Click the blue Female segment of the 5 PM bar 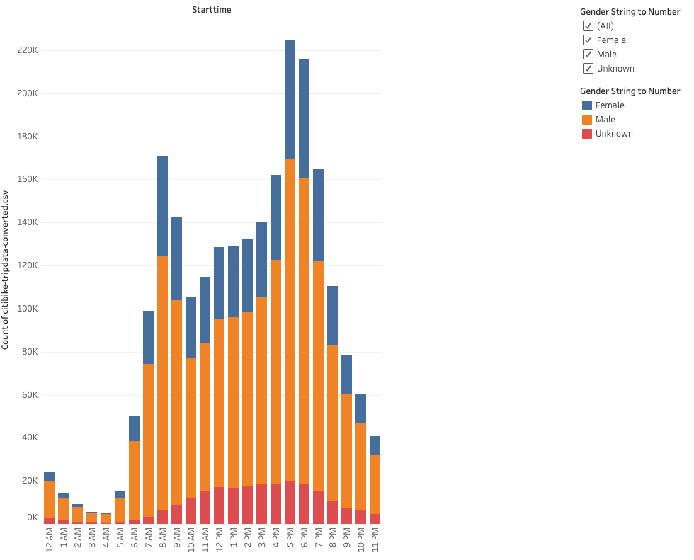290,99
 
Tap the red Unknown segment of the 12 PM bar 219,505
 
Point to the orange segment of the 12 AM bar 49,500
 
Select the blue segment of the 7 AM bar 148,337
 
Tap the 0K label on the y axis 32,518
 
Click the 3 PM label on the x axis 262,539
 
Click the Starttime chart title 211,10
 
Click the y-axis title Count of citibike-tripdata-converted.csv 6,269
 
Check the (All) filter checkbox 588,25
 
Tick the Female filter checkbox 588,40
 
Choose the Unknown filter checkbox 588,68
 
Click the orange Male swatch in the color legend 587,119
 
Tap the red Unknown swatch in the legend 587,133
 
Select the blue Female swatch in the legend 587,105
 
